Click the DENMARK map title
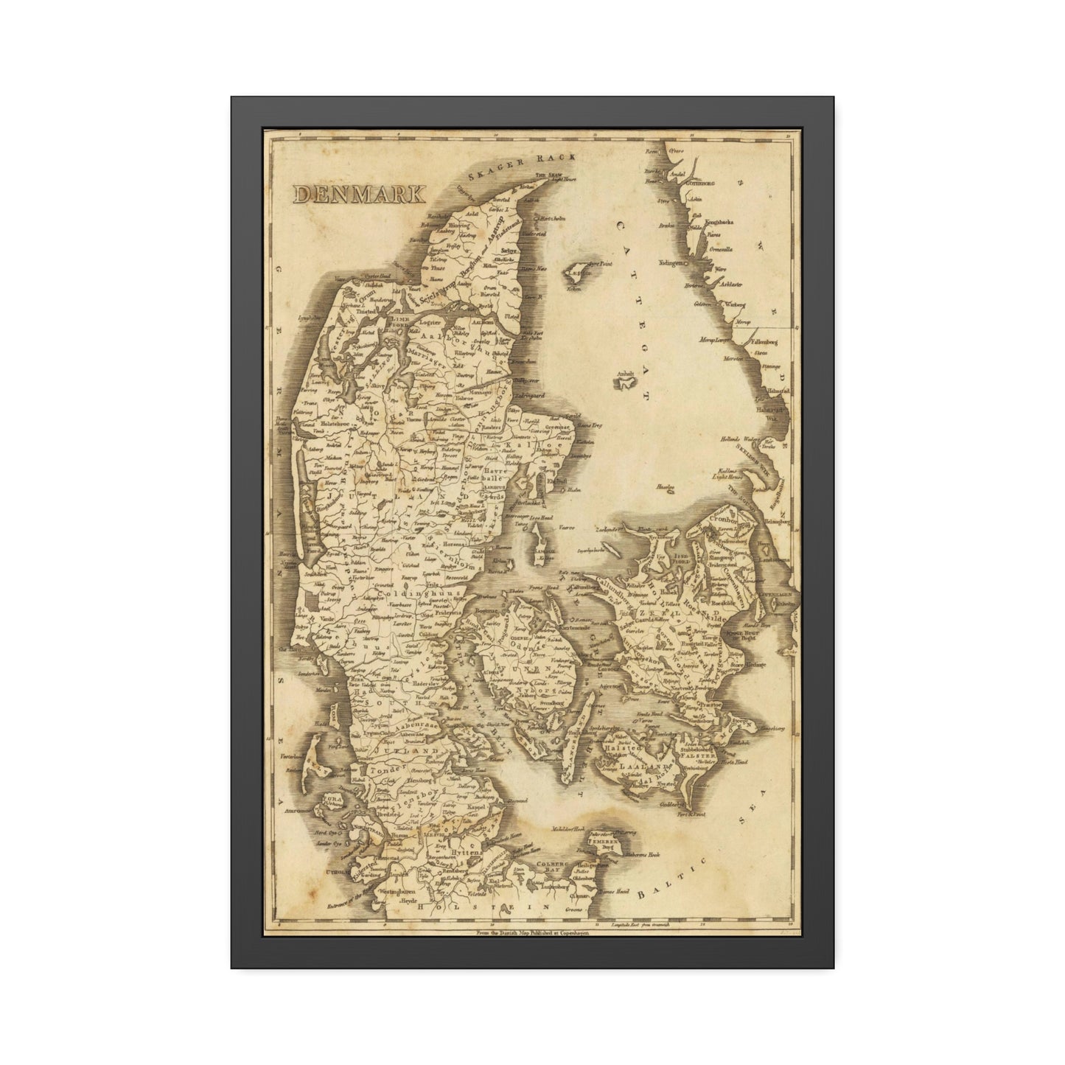pos(359,194)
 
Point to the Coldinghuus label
pos(418,593)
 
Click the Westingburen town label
pos(398,891)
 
